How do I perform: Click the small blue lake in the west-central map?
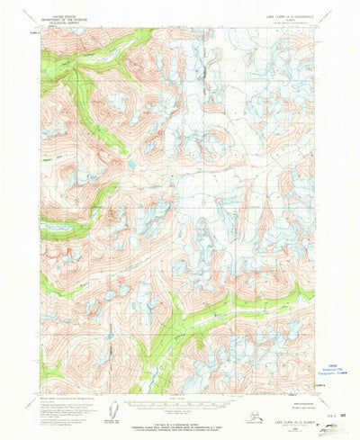tap(131, 166)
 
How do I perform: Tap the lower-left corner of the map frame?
tap(40, 393)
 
